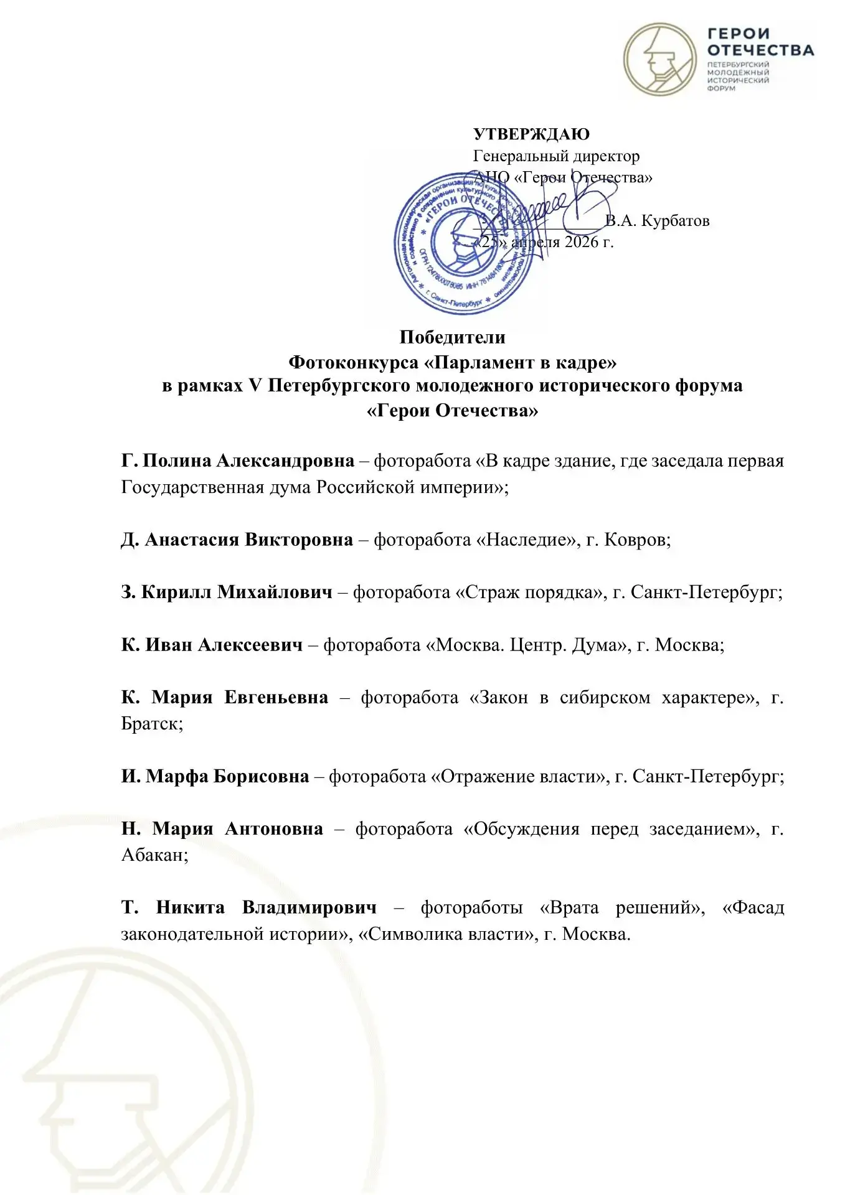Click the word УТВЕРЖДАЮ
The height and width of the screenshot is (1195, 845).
[531, 134]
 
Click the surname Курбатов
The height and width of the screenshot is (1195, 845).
[675, 221]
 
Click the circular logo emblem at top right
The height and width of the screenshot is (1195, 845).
[661, 60]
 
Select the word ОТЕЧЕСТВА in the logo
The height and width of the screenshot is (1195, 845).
[760, 50]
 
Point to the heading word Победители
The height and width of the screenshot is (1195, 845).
[452, 337]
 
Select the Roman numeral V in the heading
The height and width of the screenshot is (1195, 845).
[255, 386]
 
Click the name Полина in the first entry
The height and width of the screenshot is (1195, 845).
[177, 461]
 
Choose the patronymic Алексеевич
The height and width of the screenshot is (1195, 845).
[250, 645]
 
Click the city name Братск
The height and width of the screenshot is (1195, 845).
[151, 724]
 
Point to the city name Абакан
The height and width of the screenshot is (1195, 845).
[153, 855]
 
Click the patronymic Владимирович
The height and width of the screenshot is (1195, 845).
[309, 907]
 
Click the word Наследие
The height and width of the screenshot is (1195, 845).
[527, 540]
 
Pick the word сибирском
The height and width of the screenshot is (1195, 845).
[605, 698]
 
